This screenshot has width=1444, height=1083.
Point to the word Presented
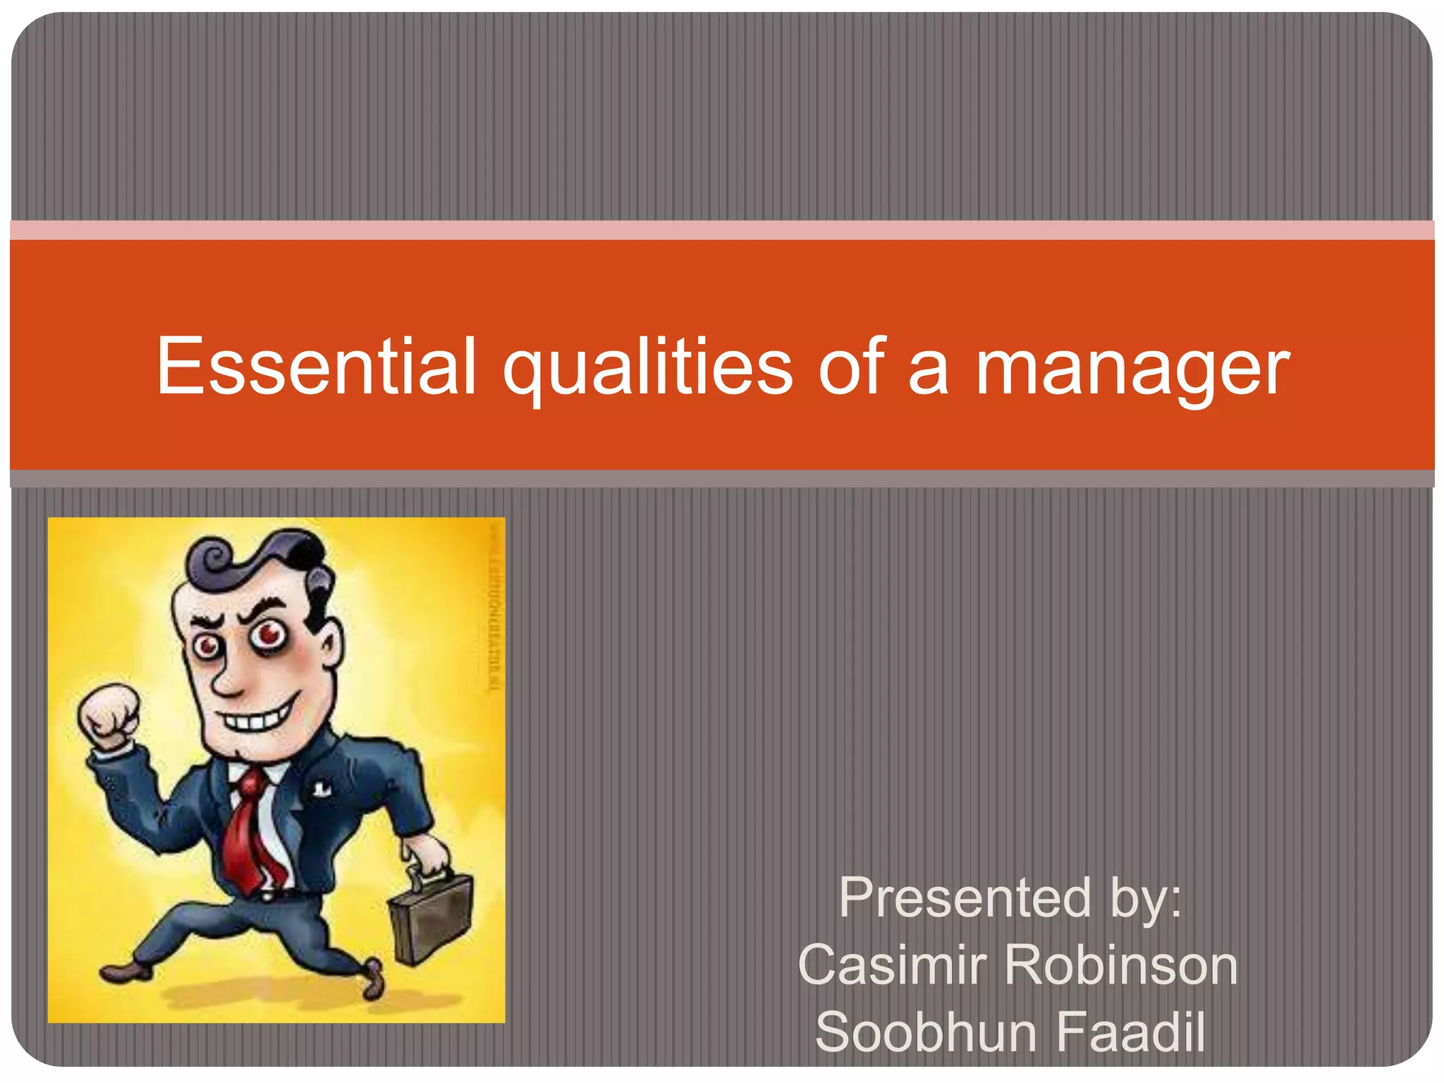(965, 898)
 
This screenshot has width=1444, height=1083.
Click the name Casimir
(892, 965)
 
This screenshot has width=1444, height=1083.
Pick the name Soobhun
(926, 1032)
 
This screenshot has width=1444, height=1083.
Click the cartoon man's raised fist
(109, 716)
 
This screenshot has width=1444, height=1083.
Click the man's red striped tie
(250, 832)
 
